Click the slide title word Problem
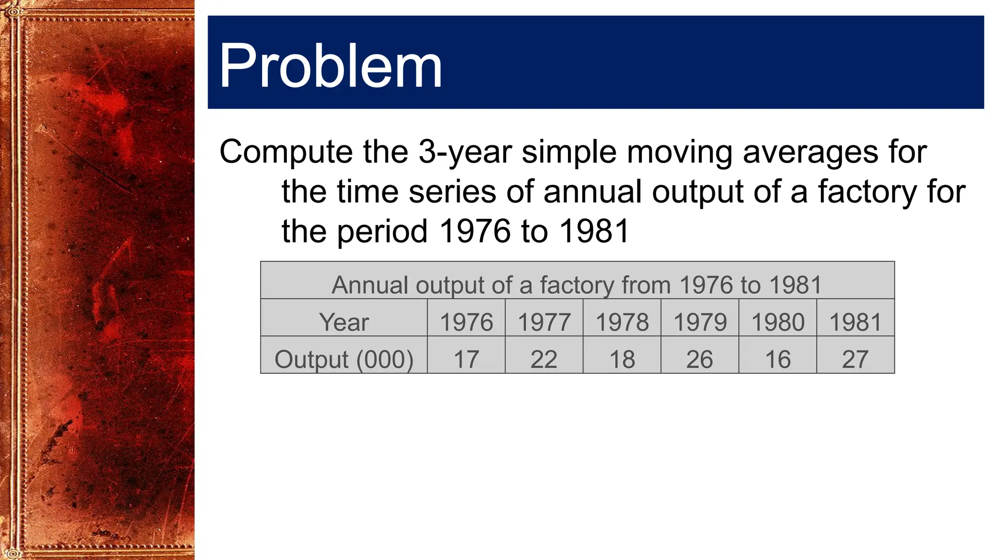(330, 66)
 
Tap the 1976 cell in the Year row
(466, 322)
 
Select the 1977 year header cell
(544, 322)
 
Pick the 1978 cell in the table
(622, 322)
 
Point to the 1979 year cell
(700, 322)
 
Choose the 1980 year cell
(778, 322)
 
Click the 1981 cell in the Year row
(855, 322)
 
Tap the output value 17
(466, 360)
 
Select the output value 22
(544, 360)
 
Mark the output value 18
(622, 360)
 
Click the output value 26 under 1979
(699, 360)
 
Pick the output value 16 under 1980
(778, 360)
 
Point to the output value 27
(855, 360)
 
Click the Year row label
(344, 322)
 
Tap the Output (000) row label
(344, 360)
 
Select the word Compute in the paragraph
(286, 152)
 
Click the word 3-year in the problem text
(465, 152)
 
